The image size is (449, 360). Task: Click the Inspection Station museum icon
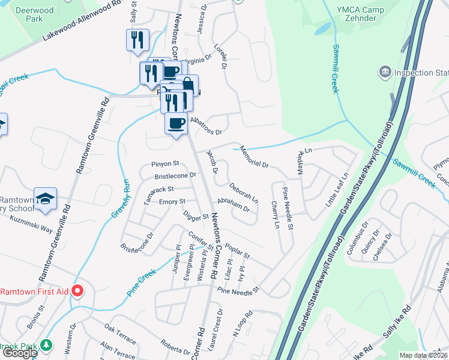click(x=384, y=73)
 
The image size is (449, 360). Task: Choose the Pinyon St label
click(x=165, y=164)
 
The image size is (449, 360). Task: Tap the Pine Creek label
click(x=142, y=283)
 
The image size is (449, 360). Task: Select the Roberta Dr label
click(x=175, y=346)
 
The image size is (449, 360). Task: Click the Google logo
click(x=19, y=353)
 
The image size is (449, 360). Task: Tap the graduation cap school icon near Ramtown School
click(x=45, y=199)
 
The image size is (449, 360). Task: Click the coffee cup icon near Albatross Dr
click(x=176, y=124)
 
